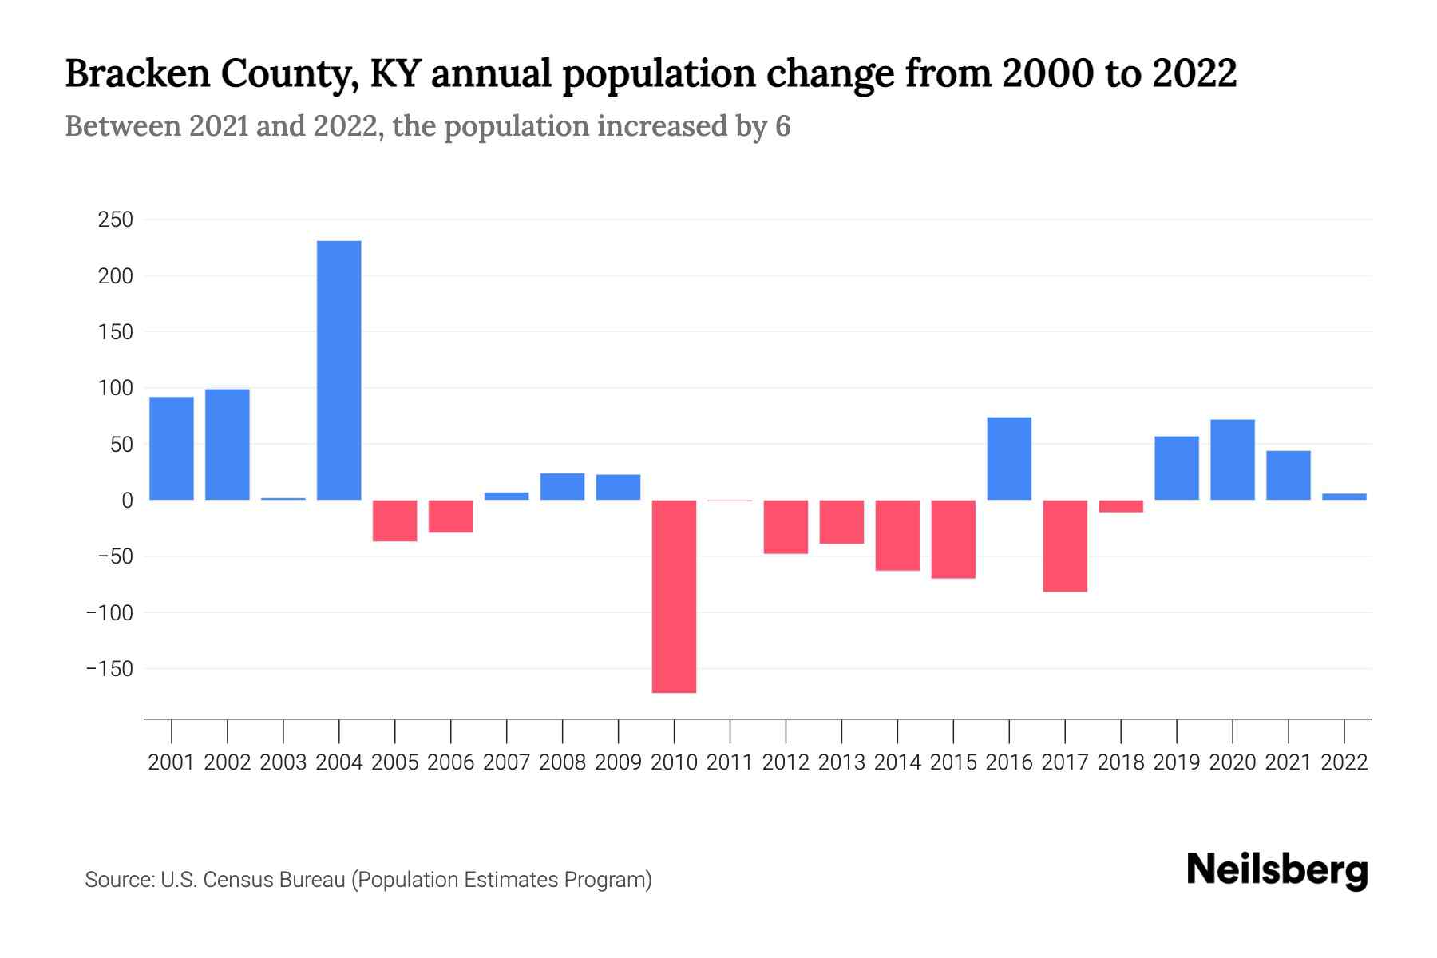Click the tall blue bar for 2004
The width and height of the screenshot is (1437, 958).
click(x=338, y=370)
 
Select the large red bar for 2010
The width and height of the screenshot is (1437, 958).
click(x=674, y=596)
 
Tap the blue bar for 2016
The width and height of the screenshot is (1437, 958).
click(x=1009, y=459)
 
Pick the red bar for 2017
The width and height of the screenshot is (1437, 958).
click(x=1065, y=546)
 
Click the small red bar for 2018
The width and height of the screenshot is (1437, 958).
click(x=1121, y=506)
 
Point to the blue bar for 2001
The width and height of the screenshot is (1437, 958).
click(x=171, y=449)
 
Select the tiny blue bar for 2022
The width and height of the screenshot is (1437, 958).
click(x=1344, y=497)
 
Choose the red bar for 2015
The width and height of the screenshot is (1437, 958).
click(x=953, y=540)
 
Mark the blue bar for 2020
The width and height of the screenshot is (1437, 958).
click(x=1233, y=460)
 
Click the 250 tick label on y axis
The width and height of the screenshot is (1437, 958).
click(x=116, y=220)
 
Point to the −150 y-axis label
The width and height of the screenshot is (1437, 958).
click(x=109, y=669)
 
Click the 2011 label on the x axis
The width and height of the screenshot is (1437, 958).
click(x=730, y=762)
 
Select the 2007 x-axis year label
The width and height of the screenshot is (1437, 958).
click(x=506, y=762)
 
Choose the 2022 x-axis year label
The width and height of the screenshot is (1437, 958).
click(x=1344, y=762)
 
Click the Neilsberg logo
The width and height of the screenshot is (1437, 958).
click(x=1277, y=870)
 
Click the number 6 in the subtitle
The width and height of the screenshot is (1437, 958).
click(x=782, y=126)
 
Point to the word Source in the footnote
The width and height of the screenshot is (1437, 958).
click(x=119, y=880)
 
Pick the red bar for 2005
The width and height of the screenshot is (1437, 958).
click(x=394, y=521)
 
